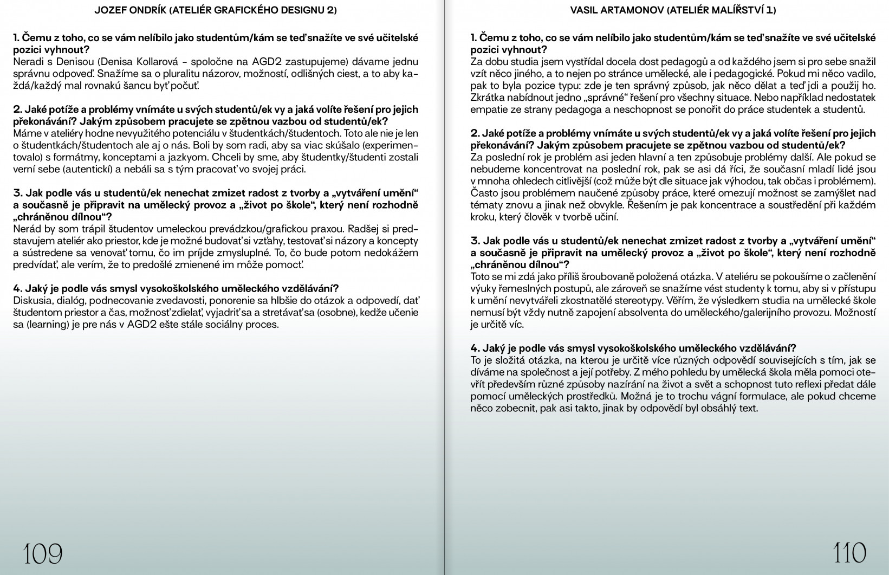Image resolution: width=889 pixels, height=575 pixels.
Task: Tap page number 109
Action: tap(43, 554)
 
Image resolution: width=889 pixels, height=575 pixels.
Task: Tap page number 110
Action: tap(849, 554)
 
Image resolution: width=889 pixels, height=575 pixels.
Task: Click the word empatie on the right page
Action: tap(489, 110)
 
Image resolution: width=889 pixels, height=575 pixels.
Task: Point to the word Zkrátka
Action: tap(489, 98)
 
